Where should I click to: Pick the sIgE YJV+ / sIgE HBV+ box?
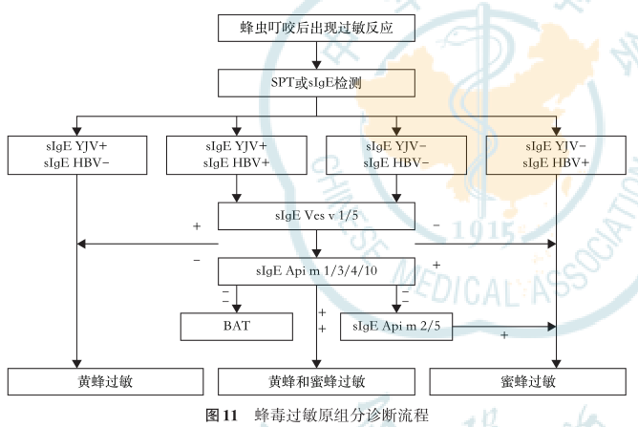pos(237,155)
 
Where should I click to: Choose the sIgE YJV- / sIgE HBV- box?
pos(396,155)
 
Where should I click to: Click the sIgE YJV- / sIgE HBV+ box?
pos(556,155)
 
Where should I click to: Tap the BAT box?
pos(237,327)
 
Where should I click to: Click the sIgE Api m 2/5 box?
pos(396,327)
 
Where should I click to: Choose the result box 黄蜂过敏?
pos(106,381)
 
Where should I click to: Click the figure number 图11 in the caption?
pos(222,416)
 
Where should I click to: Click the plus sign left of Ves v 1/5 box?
pos(196,227)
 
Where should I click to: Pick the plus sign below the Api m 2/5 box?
pos(503,336)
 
